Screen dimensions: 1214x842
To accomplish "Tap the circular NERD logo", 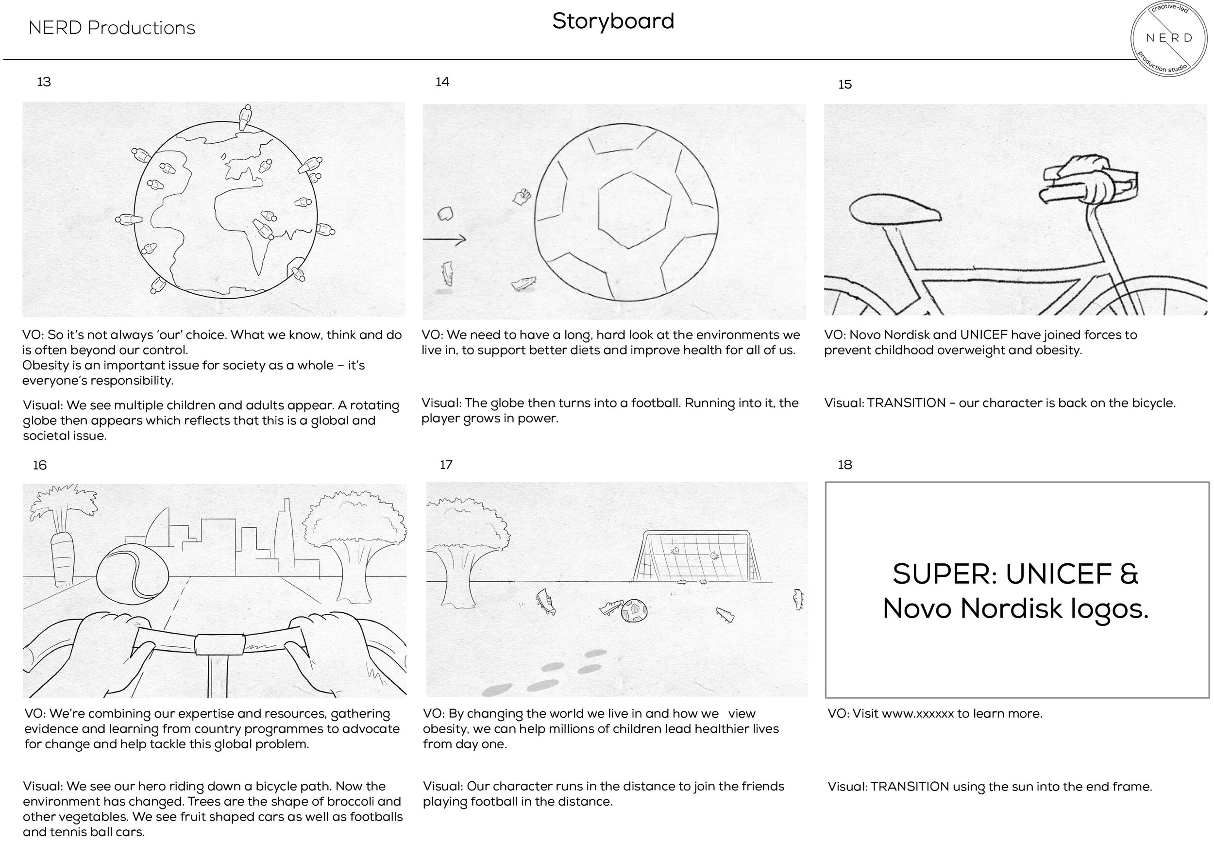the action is [x=1169, y=38].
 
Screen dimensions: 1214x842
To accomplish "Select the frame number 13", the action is [x=44, y=82].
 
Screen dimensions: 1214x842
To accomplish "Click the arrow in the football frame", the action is [x=444, y=240].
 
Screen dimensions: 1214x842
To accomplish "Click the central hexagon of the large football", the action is [x=634, y=209].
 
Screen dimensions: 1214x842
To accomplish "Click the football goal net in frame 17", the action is [x=696, y=556].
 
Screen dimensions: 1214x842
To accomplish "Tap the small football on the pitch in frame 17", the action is [x=634, y=610].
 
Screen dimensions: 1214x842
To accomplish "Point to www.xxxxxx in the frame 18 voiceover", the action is [x=917, y=714].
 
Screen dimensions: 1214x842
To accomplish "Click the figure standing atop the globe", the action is [x=244, y=117].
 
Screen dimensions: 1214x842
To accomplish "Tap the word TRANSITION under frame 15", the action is [x=906, y=403].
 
